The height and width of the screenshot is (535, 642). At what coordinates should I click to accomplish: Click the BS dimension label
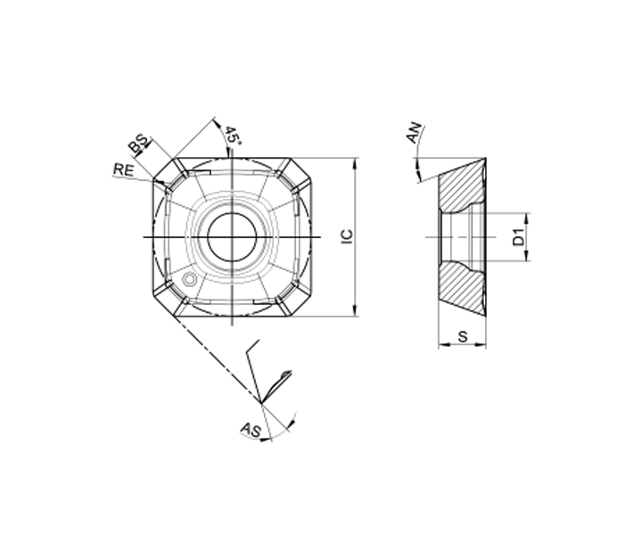138,144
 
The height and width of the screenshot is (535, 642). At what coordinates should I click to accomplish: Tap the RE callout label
124,169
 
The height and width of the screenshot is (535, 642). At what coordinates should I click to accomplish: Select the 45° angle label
232,135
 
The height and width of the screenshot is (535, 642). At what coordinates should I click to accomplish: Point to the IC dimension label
347,237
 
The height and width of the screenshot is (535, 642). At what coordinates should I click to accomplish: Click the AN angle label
414,133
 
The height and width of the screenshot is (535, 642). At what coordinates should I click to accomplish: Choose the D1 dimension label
519,237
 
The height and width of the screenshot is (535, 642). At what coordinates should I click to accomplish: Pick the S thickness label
463,337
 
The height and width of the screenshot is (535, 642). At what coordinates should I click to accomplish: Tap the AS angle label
251,430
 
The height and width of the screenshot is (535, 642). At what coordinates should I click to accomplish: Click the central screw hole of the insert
232,237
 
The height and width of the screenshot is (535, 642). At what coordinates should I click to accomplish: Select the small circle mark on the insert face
189,280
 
